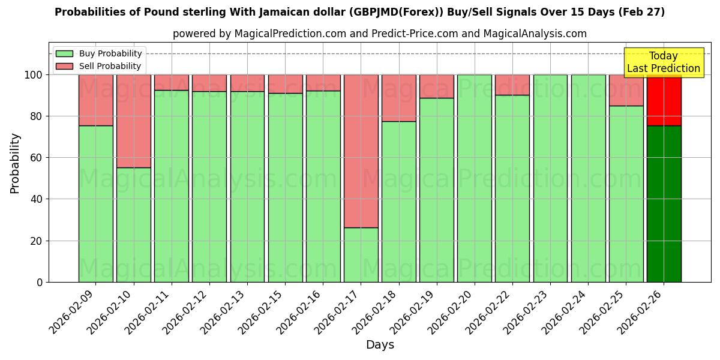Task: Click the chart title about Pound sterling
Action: pos(359,12)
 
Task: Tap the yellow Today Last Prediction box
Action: pos(663,62)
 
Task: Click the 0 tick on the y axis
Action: pos(40,282)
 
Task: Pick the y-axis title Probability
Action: pos(15,163)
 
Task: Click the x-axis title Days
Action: pos(380,345)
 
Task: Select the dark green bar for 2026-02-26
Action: pos(664,204)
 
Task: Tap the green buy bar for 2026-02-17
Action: pos(361,255)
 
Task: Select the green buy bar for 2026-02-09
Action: pos(95,204)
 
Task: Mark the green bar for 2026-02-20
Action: pos(474,178)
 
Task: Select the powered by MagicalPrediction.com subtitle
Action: pos(379,34)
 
